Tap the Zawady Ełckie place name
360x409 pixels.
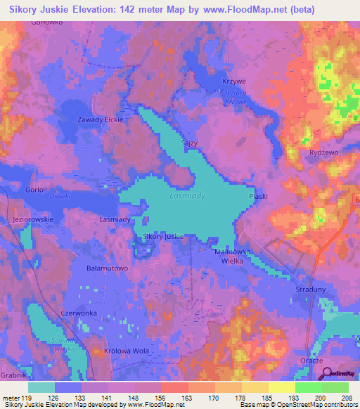coord(100,119)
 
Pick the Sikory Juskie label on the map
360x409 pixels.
coord(163,237)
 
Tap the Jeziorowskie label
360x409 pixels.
coord(32,220)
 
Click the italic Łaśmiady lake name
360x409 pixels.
coord(188,196)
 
